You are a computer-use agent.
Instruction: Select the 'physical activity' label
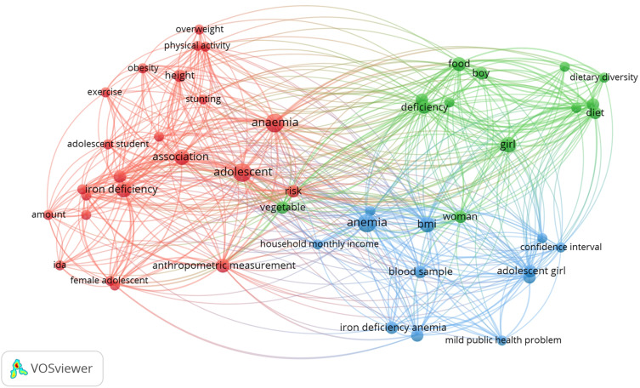pos(197,45)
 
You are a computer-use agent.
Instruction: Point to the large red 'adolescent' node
pos(242,173)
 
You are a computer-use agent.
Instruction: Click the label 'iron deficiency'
pos(122,189)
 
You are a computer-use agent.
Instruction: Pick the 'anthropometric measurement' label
pos(224,265)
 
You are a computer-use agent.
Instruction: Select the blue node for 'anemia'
pos(366,224)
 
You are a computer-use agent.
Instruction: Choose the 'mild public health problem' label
pos(503,340)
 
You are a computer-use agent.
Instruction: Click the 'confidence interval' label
pos(561,247)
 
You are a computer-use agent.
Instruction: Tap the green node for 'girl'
pos(508,146)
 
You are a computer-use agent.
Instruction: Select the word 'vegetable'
pos(282,207)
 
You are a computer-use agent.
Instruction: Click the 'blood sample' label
pos(420,272)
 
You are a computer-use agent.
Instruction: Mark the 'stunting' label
pos(203,99)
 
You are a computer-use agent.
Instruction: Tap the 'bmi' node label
pos(427,225)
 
